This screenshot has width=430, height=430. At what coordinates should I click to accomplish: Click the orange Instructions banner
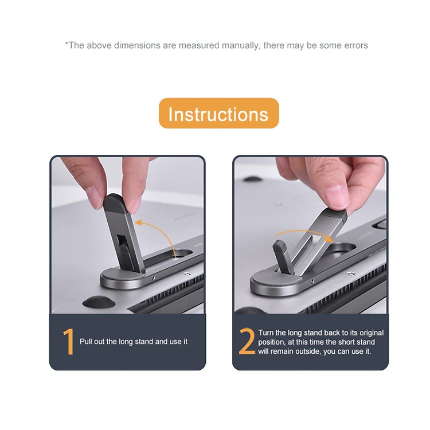(x=219, y=114)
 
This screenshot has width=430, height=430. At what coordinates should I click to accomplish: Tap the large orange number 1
(x=69, y=342)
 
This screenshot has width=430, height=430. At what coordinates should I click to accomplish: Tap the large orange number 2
(x=247, y=341)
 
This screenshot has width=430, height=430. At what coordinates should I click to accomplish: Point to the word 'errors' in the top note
(x=355, y=45)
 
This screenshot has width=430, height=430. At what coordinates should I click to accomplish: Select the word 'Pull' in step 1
(x=85, y=342)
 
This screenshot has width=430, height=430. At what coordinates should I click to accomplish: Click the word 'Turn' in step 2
(x=266, y=333)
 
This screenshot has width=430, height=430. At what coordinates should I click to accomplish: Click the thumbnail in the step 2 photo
(x=336, y=196)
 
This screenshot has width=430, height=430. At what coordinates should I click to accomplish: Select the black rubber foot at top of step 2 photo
(x=252, y=179)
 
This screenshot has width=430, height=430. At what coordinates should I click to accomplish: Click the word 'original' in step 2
(x=372, y=333)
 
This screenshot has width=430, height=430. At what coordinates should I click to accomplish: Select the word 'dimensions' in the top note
(x=137, y=45)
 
